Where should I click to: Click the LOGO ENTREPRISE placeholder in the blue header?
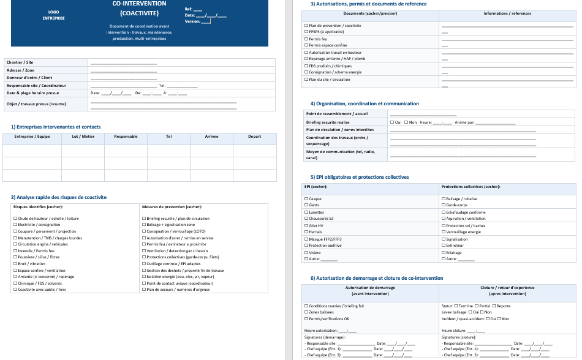[53, 15]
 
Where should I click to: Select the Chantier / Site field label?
[20, 62]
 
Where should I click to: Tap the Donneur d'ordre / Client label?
[29, 78]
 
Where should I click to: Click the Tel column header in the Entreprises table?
[168, 137]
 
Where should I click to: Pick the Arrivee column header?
[211, 137]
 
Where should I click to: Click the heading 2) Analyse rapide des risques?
[59, 197]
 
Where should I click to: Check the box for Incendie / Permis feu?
[15, 251]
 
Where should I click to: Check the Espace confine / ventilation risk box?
[15, 270]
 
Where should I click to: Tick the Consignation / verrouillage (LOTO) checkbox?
[144, 231]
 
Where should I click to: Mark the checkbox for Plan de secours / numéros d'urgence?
[144, 290]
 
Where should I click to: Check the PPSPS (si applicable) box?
[306, 32]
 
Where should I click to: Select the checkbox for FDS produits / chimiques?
[306, 66]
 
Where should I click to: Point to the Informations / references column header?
[507, 13]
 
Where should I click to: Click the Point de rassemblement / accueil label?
[336, 114]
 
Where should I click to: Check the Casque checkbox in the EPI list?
[306, 199]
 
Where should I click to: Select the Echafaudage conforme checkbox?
[444, 212]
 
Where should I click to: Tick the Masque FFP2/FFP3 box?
[306, 239]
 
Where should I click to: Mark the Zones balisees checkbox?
[306, 312]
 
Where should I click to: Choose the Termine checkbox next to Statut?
[456, 306]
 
